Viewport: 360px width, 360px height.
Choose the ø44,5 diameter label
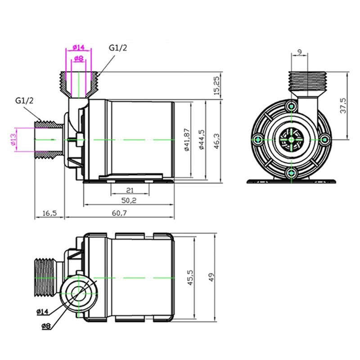(201, 140)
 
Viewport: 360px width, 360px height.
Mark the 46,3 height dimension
(217, 140)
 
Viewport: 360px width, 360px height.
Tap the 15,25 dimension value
(217, 85)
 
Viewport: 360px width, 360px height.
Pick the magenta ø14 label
(78, 47)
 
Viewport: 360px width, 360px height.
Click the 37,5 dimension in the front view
(343, 106)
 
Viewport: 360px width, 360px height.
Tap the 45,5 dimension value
(191, 278)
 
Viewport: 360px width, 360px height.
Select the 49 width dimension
(212, 278)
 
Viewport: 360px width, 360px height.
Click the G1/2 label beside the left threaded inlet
(24, 100)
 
